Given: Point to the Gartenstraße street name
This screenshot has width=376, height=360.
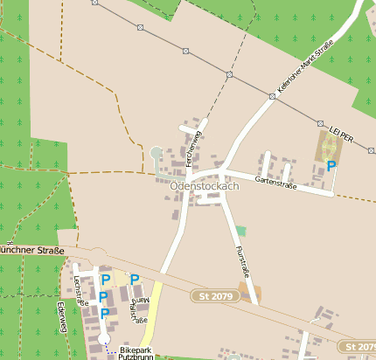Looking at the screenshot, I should pos(276,183).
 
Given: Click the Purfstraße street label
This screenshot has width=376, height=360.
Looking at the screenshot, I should pos(244,263).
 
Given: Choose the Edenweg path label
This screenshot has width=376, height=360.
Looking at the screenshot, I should pos(62,317).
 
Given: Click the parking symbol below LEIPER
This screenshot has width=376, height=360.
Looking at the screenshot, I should pos(331,165).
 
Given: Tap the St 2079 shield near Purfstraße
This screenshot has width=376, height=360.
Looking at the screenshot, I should pos(215,297).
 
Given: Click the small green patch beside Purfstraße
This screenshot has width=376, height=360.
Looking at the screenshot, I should pos(240,231).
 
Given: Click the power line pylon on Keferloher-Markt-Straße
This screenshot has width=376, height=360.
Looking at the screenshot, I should pos(271,97).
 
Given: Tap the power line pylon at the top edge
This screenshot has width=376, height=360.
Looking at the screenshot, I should pos(96,3).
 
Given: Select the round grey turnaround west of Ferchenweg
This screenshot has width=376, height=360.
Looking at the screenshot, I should pos(157,153).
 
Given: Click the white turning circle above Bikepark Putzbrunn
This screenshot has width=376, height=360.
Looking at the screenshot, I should pos(105,337).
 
